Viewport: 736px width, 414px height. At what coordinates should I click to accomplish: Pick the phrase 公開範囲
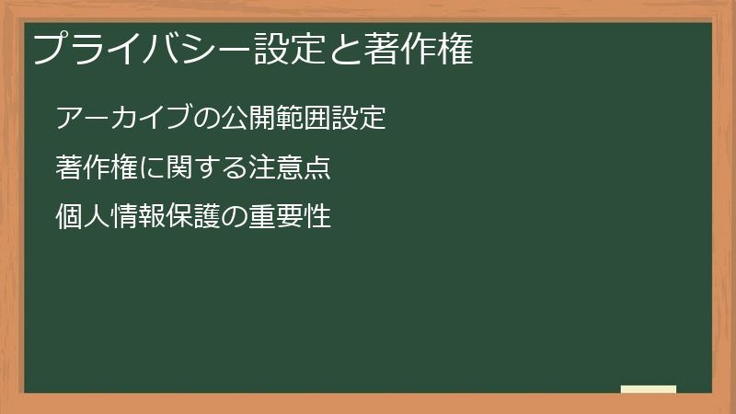pyautogui.click(x=276, y=119)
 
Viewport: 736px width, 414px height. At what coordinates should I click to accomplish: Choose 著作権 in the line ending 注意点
pyautogui.click(x=97, y=168)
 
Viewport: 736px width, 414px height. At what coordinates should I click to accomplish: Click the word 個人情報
pyautogui.click(x=110, y=218)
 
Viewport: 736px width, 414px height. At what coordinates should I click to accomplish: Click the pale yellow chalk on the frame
pyautogui.click(x=649, y=389)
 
